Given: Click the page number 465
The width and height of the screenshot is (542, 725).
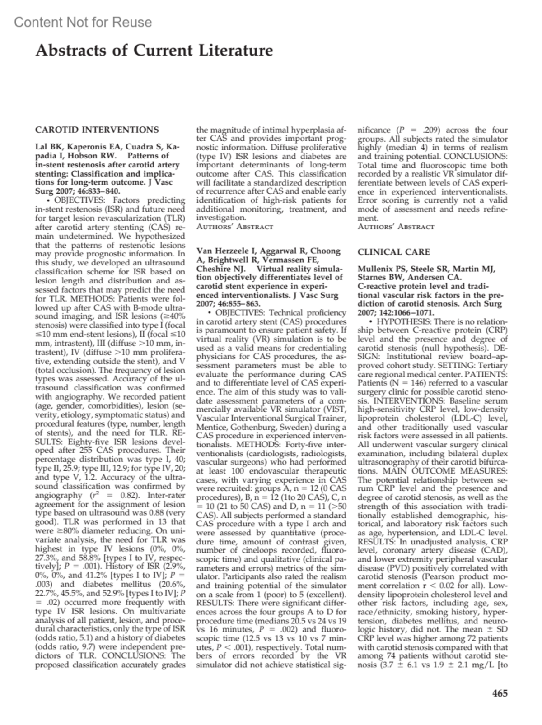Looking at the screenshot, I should tap(500, 693).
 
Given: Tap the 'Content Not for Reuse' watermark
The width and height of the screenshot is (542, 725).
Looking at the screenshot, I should tap(83, 22).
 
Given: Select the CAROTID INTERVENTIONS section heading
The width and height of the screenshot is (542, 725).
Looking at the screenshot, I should tap(97, 130).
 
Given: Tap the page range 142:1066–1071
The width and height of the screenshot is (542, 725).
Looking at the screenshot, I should tap(407, 313).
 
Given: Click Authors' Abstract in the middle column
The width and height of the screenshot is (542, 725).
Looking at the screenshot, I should tap(235, 227).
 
